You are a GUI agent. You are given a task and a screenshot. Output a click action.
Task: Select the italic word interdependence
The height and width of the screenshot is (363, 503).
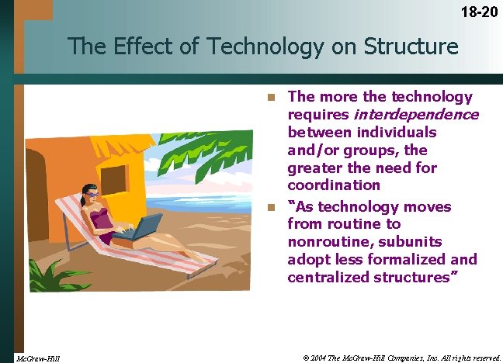tap(416, 115)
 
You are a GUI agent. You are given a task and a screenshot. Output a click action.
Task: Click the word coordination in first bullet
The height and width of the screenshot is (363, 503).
tap(334, 185)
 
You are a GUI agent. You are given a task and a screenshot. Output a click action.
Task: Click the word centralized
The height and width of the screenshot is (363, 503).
tap(329, 278)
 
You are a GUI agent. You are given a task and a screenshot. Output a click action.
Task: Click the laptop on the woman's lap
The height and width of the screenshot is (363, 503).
tap(144, 228)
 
